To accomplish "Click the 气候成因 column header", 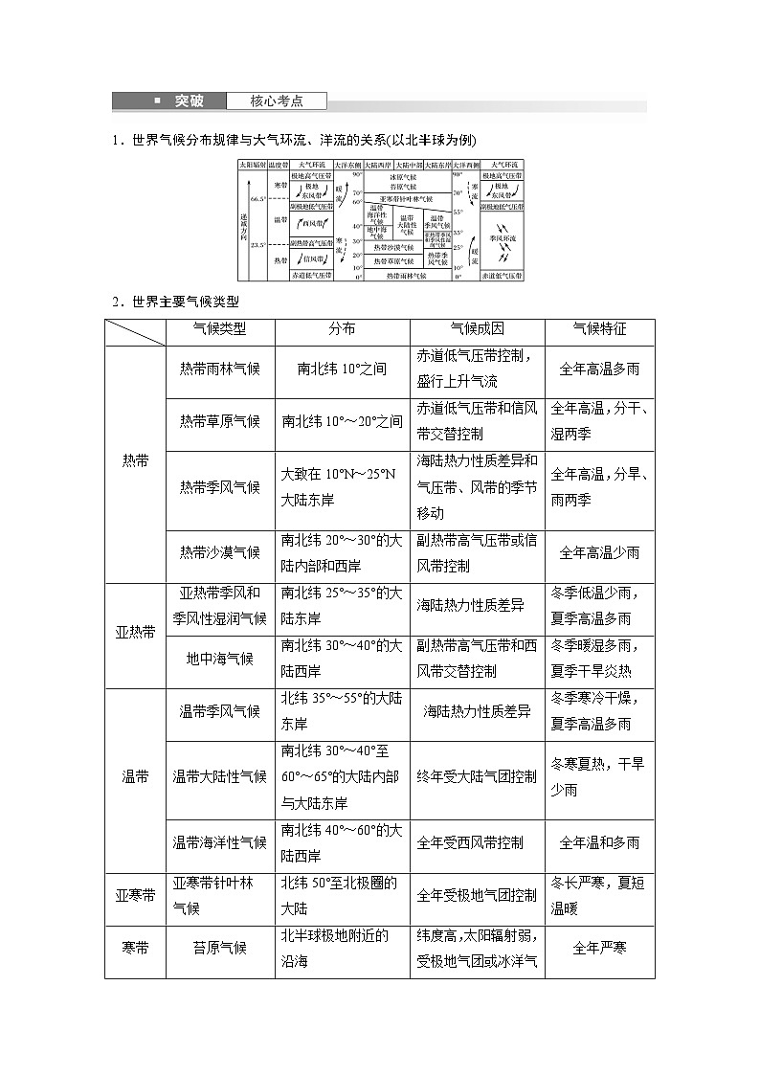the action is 477,329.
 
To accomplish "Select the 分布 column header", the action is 342,329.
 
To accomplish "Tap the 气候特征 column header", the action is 599,329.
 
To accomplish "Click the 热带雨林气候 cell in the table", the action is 220,369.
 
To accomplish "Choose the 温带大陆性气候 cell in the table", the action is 220,776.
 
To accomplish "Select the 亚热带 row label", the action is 135,633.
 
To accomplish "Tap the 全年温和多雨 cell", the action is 599,842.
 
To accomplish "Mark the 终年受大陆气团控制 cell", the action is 477,776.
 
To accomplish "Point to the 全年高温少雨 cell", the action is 599,552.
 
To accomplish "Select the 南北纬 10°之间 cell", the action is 342,369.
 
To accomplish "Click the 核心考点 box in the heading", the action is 277,101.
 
